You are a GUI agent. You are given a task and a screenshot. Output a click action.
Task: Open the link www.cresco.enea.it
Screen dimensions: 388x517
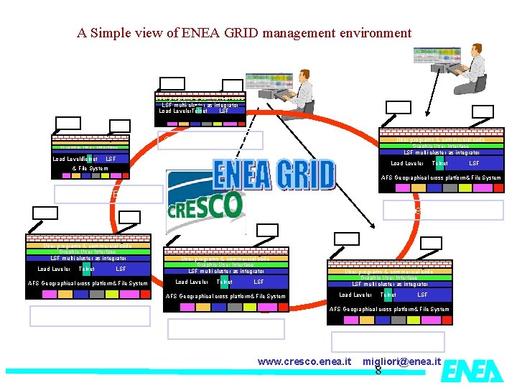pos(304,361)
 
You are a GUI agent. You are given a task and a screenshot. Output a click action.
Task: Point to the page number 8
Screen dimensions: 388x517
pos(378,371)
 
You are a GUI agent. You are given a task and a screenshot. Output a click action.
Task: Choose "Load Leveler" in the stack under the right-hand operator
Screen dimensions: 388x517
pos(406,164)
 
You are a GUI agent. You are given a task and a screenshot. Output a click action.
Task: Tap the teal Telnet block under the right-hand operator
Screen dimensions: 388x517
pos(439,164)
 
